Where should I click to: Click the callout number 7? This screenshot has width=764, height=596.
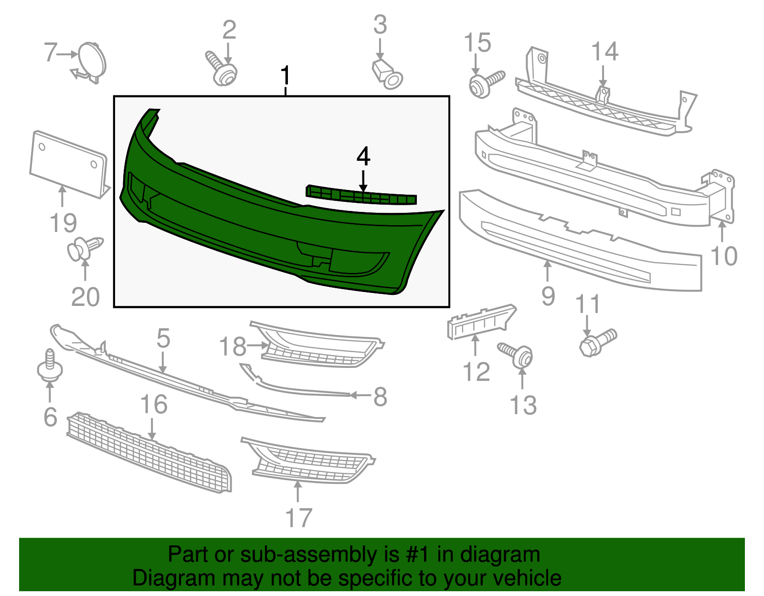51,52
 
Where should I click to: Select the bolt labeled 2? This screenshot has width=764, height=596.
222,71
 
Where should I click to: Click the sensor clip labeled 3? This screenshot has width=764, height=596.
388,74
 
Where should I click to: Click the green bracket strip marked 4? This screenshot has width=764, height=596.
361,196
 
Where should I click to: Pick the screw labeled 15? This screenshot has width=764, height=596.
485,84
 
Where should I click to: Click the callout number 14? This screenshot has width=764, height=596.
605,52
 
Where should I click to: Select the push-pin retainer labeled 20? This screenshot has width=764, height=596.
85,249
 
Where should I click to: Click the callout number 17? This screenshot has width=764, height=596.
298,518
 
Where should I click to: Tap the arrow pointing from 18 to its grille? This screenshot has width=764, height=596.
257,345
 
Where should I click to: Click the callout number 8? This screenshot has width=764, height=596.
380,397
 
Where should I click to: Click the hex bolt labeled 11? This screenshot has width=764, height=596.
597,342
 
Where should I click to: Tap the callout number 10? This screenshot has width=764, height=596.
724,256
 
